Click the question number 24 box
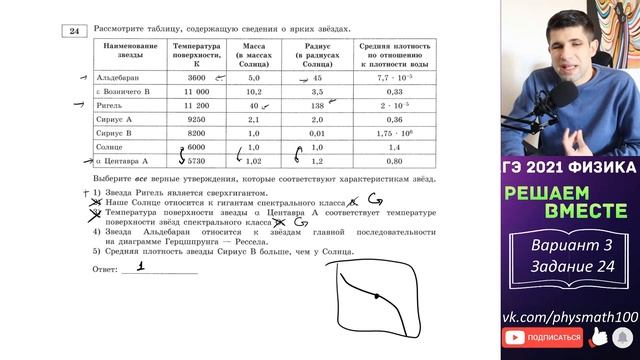point(74,32)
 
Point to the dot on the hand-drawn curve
point(374,297)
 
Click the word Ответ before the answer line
point(105,270)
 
